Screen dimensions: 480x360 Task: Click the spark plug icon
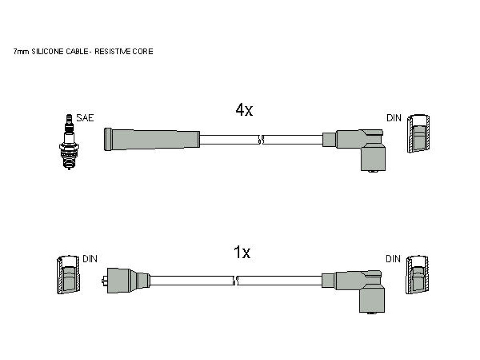coord(69,142)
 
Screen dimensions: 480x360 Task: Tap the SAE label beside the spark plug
coord(85,118)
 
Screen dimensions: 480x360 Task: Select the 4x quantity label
coord(244,110)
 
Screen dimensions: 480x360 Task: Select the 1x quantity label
coord(242,252)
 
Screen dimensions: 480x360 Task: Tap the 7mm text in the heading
coord(21,52)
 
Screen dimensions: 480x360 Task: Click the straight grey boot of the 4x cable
coord(152,139)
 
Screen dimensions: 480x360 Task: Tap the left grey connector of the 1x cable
coord(126,280)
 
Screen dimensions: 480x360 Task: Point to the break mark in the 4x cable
coord(261,140)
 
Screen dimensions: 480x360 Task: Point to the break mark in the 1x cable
coord(235,280)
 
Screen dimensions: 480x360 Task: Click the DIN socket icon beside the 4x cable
coord(418,134)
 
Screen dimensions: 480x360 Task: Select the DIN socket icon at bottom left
coord(68,274)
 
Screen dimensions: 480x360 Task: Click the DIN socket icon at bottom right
coord(417,275)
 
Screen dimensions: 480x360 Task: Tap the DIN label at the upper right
coord(394,118)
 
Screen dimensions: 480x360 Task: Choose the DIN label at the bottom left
coord(90,259)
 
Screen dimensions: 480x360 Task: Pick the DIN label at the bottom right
coord(393,259)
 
